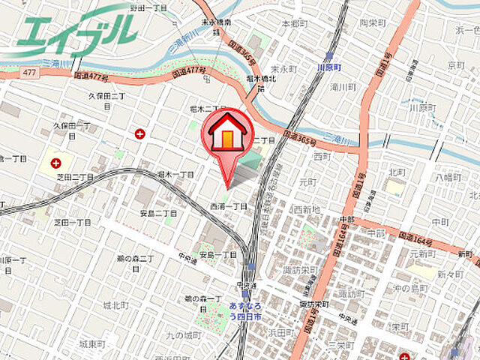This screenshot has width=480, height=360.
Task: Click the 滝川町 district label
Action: point(344,88)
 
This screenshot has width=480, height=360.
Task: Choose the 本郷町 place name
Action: point(295,24)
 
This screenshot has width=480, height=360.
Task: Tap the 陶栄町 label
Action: point(373,23)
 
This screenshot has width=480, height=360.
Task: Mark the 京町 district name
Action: point(457,67)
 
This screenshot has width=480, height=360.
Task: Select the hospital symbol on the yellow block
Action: point(55,162)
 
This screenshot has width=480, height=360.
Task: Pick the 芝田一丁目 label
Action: point(72,222)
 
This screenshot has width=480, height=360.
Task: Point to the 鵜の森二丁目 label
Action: point(136,263)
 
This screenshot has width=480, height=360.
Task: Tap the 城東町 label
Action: point(93,343)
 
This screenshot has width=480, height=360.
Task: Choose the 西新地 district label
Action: point(307,208)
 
